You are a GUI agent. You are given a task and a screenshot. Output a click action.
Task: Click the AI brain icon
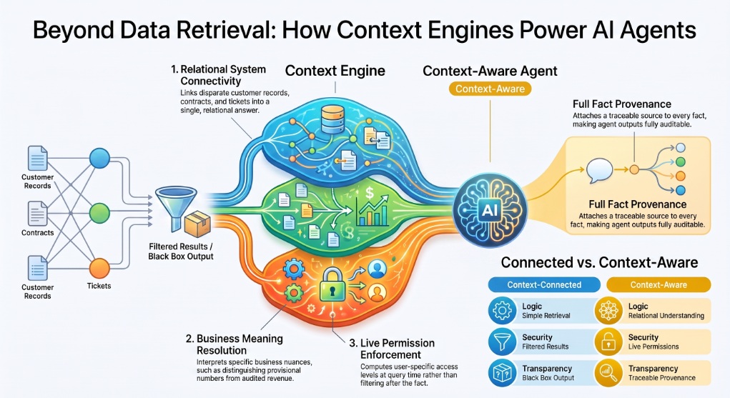pos(490,210)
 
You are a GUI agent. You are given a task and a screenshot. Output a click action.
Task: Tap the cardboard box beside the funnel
pos(197,224)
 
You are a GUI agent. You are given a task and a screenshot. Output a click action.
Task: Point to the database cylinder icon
pos(332,119)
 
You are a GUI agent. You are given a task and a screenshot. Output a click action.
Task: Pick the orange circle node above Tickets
pos(99,268)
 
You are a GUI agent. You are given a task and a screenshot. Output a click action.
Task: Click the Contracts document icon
pos(37,214)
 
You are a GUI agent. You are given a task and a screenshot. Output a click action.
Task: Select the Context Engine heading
pos(335,71)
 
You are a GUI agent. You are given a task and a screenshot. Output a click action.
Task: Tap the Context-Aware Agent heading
pos(490,71)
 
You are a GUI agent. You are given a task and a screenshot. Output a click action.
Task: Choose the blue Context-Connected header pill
pos(544,285)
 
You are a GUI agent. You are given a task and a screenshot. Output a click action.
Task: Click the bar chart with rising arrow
pos(372,211)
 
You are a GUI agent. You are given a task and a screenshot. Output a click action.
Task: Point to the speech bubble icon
pos(599,171)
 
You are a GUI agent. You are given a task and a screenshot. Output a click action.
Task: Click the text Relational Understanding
pos(666,316)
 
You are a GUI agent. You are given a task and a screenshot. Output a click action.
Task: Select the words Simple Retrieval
pos(546,316)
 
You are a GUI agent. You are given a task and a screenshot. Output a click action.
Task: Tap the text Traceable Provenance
pos(662,378)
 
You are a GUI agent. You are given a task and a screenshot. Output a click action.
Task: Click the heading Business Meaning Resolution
pos(235,344)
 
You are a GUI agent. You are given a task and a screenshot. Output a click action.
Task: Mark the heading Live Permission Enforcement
pos(393,349)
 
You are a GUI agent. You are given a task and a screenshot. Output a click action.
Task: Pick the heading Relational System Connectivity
pos(218,75)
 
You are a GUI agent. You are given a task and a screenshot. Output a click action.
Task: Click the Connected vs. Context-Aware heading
pos(599,262)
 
